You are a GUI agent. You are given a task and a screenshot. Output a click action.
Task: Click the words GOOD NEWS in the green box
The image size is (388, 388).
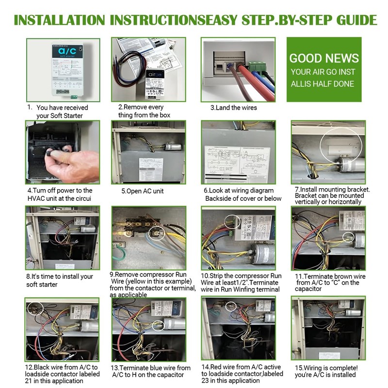pos(324,59)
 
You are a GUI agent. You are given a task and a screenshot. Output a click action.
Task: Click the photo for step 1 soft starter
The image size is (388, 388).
pos(63,70)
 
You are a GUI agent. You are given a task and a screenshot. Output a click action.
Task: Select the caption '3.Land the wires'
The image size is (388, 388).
pos(233,108)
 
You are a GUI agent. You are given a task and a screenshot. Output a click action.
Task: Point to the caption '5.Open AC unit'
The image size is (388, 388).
pos(143,191)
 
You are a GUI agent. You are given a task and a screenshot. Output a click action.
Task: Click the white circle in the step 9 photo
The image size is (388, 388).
pos(156,233)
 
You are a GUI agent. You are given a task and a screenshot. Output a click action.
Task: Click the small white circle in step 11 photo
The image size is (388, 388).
pos(348,237)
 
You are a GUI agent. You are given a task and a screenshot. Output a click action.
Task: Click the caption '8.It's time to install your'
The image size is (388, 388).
pos(60,276)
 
